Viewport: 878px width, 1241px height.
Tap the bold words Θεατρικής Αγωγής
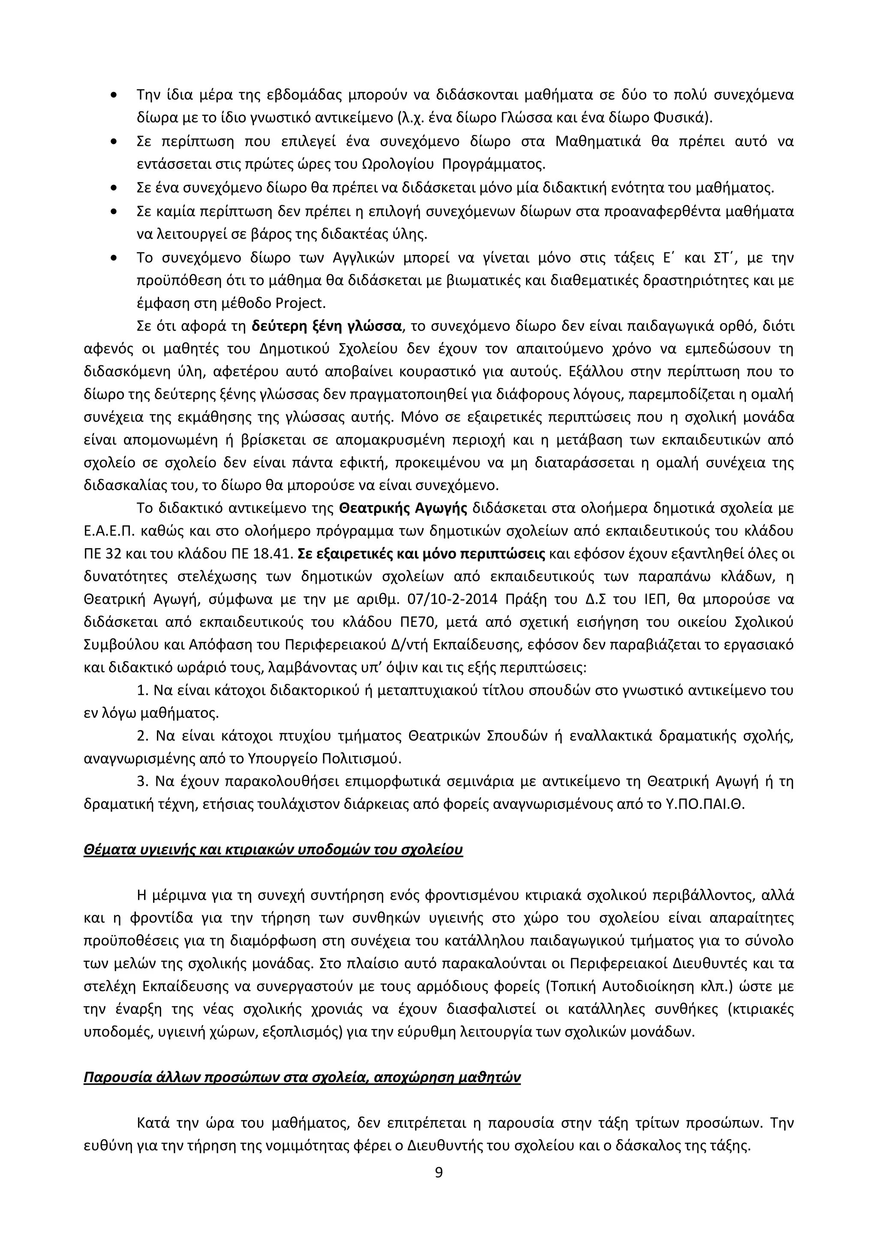tap(403, 509)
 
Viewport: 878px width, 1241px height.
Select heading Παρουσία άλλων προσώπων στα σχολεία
tap(302, 1077)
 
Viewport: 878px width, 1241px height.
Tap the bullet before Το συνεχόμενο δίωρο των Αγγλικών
tap(113, 258)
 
